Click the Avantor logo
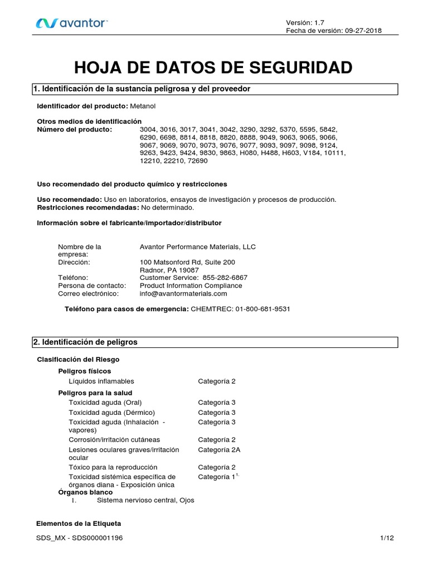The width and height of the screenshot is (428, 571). tap(71, 23)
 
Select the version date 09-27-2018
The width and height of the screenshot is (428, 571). tap(362, 31)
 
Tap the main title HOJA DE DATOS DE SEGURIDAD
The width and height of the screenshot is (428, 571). tap(213, 67)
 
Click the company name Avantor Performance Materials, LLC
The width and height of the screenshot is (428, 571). tap(197, 246)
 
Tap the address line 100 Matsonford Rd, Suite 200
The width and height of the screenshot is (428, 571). tap(187, 262)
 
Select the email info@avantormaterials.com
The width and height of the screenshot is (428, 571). tap(183, 293)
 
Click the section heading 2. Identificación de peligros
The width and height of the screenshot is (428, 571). tap(87, 342)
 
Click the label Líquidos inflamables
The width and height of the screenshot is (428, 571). tap(101, 381)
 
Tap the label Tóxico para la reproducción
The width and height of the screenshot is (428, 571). tap(113, 467)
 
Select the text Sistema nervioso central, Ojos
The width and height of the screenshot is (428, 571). tap(145, 500)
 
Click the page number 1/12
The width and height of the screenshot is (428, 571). tap(387, 538)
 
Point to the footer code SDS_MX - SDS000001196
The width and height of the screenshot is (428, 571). tap(80, 538)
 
